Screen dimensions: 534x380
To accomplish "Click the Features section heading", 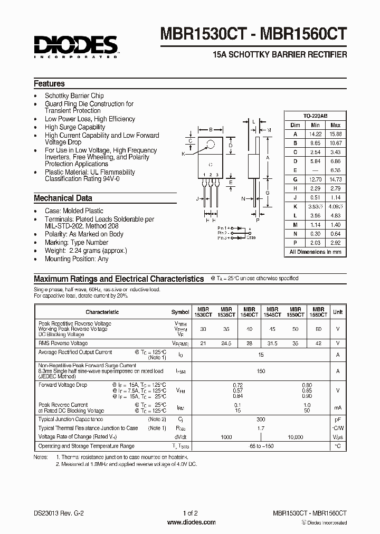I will (49, 84).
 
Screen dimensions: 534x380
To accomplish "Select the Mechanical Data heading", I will (63, 198).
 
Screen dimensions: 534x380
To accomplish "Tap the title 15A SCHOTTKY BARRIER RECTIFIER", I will (280, 54).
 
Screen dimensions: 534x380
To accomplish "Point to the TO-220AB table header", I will (315, 116).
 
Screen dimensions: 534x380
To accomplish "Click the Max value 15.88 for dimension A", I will (335, 134).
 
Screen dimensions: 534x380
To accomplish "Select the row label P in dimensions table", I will (295, 243).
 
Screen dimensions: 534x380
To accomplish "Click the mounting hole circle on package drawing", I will (211, 144).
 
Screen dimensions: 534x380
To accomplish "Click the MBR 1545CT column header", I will (272, 312).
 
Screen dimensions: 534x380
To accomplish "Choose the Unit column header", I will (337, 312).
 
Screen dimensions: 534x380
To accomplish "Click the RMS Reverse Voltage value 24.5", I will (226, 343).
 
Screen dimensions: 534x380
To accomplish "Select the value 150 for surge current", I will (261, 371).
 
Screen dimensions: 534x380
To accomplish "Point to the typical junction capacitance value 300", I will (261, 419).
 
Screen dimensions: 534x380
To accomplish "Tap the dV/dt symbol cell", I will (180, 437).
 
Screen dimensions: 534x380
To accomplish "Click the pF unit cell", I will (337, 419).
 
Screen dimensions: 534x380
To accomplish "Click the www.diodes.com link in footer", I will (191, 522).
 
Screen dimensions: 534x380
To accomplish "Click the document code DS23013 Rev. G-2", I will (58, 513).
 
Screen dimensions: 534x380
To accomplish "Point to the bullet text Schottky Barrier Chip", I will (74, 96).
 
